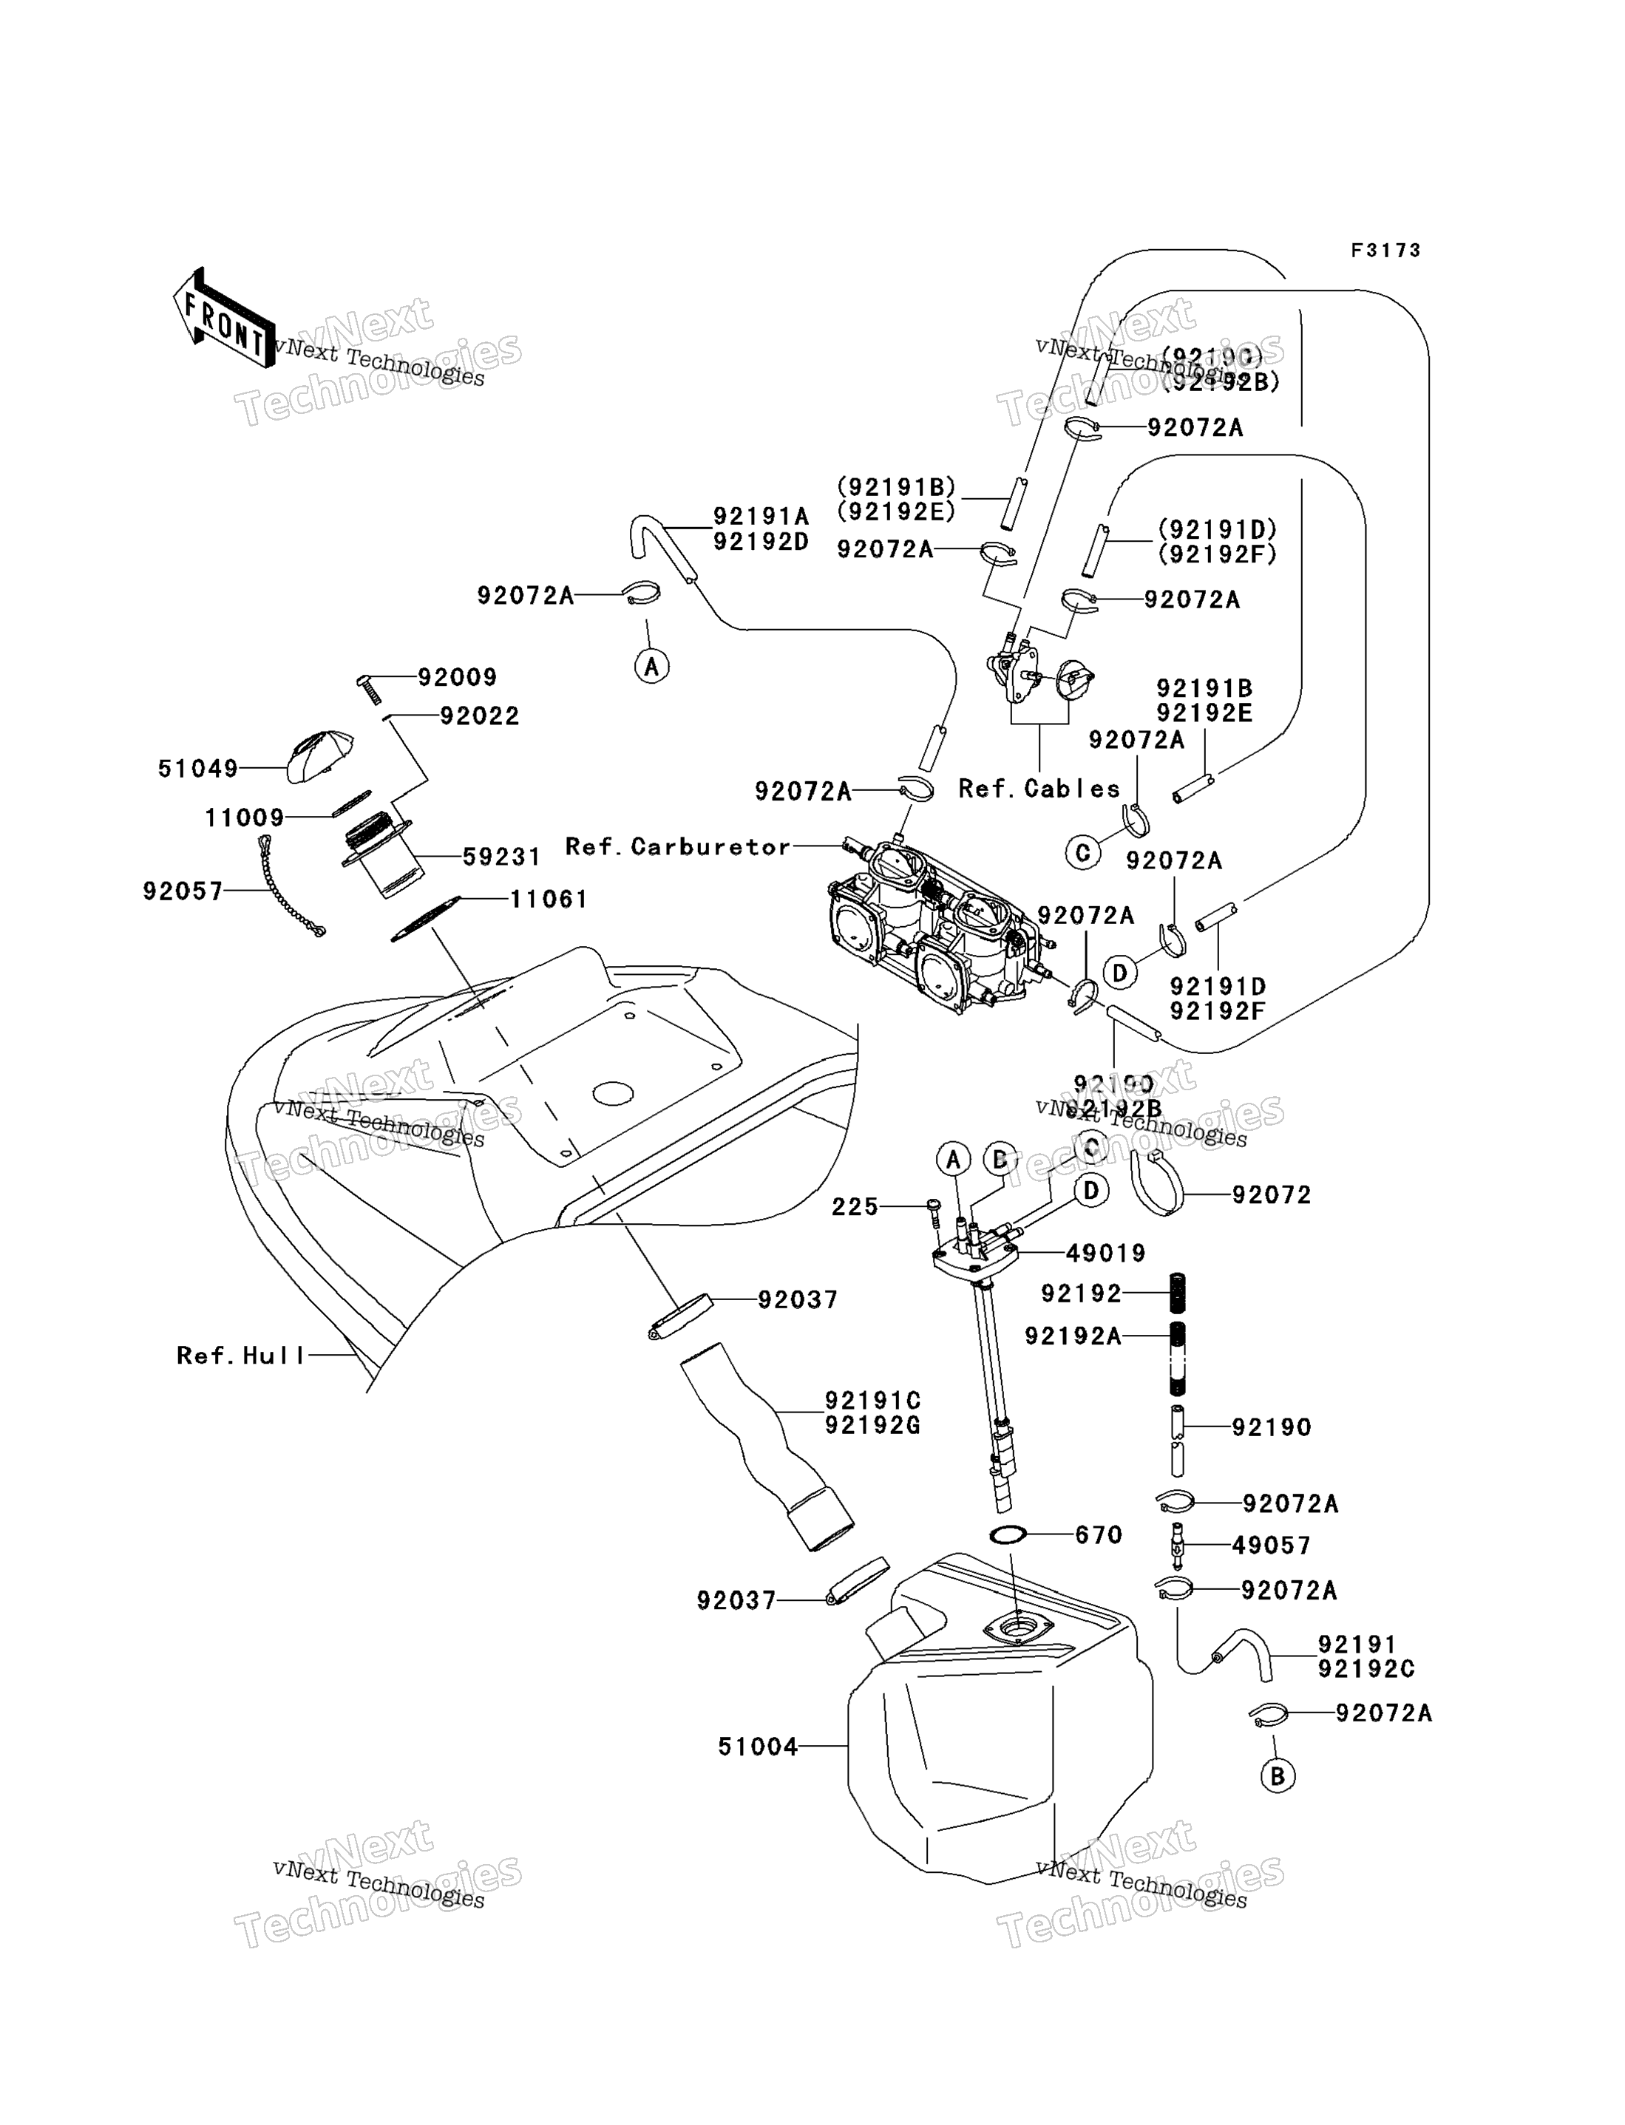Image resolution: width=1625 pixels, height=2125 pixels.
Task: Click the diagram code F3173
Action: (x=1385, y=251)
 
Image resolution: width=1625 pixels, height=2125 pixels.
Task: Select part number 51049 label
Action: (x=197, y=769)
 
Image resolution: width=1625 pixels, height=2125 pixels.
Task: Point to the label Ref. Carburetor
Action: (x=677, y=847)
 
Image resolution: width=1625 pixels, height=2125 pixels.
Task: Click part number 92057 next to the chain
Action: (x=183, y=891)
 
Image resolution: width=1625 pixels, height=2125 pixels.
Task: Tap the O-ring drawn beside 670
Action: (x=1009, y=1534)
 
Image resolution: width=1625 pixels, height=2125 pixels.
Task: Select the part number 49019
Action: (x=1105, y=1253)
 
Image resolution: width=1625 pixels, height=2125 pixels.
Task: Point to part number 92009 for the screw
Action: (x=457, y=677)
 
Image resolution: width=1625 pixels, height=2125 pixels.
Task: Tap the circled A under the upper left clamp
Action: (x=652, y=666)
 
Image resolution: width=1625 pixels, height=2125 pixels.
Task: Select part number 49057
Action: (x=1271, y=1546)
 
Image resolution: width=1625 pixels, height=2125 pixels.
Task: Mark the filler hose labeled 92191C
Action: (x=764, y=1441)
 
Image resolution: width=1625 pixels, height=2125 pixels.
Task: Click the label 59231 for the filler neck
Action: (x=501, y=857)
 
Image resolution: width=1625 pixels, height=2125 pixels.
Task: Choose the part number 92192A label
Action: (x=1073, y=1336)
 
